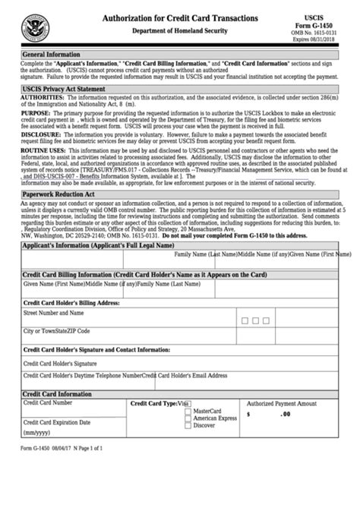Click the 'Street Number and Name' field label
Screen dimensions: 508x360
coord(54,312)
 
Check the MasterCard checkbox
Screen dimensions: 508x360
coord(188,412)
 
